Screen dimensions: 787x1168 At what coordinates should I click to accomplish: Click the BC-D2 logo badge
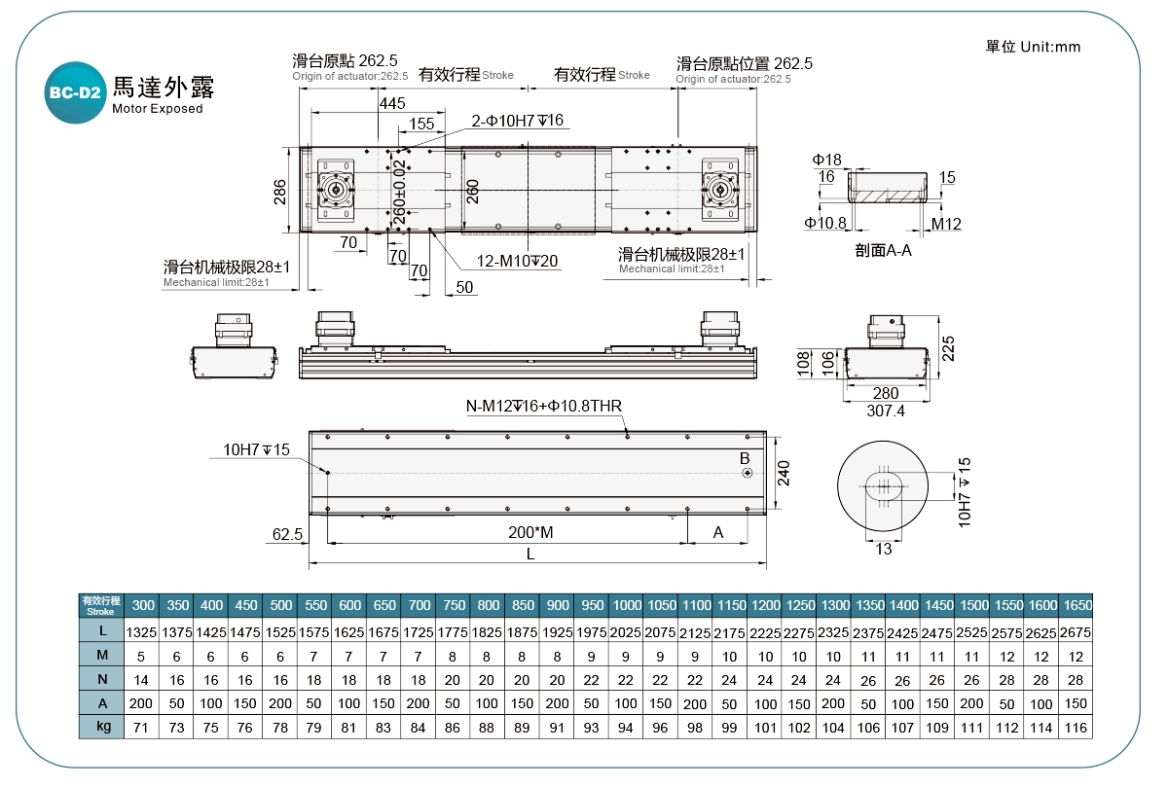pos(74,93)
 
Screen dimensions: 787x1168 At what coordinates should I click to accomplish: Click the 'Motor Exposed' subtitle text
pos(158,109)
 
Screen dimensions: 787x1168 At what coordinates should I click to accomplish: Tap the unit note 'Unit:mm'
pos(1033,47)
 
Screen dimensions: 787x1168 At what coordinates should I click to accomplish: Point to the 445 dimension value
pos(392,103)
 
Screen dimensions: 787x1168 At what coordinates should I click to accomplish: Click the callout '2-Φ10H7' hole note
pos(517,121)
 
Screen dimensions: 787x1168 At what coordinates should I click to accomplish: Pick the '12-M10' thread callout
pos(518,261)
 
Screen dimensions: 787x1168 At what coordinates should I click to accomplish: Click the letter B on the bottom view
pos(745,458)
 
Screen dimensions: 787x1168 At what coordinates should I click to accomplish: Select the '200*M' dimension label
pos(530,533)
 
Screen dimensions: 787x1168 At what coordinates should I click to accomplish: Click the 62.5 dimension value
pos(287,534)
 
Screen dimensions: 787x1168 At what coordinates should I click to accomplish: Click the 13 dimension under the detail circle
pos(883,550)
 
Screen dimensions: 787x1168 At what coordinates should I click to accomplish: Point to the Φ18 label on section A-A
pos(826,159)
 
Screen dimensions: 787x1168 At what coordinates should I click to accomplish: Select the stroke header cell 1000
pos(627,605)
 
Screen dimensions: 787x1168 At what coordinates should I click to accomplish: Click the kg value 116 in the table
pos(1076,727)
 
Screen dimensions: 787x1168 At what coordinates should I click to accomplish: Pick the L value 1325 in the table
pos(142,633)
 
